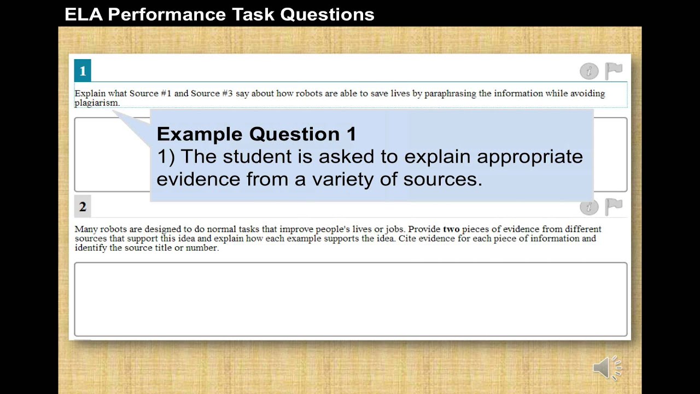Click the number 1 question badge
pyautogui.click(x=83, y=71)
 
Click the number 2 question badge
pyautogui.click(x=83, y=207)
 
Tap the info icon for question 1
pyautogui.click(x=589, y=71)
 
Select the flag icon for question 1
pyautogui.click(x=614, y=71)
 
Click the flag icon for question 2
pyautogui.click(x=614, y=206)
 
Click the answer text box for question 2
pyautogui.click(x=351, y=299)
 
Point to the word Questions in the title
pyautogui.click(x=327, y=15)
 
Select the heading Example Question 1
pyautogui.click(x=256, y=134)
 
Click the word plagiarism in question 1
pyautogui.click(x=96, y=103)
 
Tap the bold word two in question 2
pyautogui.click(x=451, y=229)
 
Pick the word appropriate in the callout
pyautogui.click(x=530, y=157)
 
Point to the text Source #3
pyautogui.click(x=212, y=94)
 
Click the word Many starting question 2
pyautogui.click(x=86, y=229)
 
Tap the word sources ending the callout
pyautogui.click(x=442, y=179)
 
